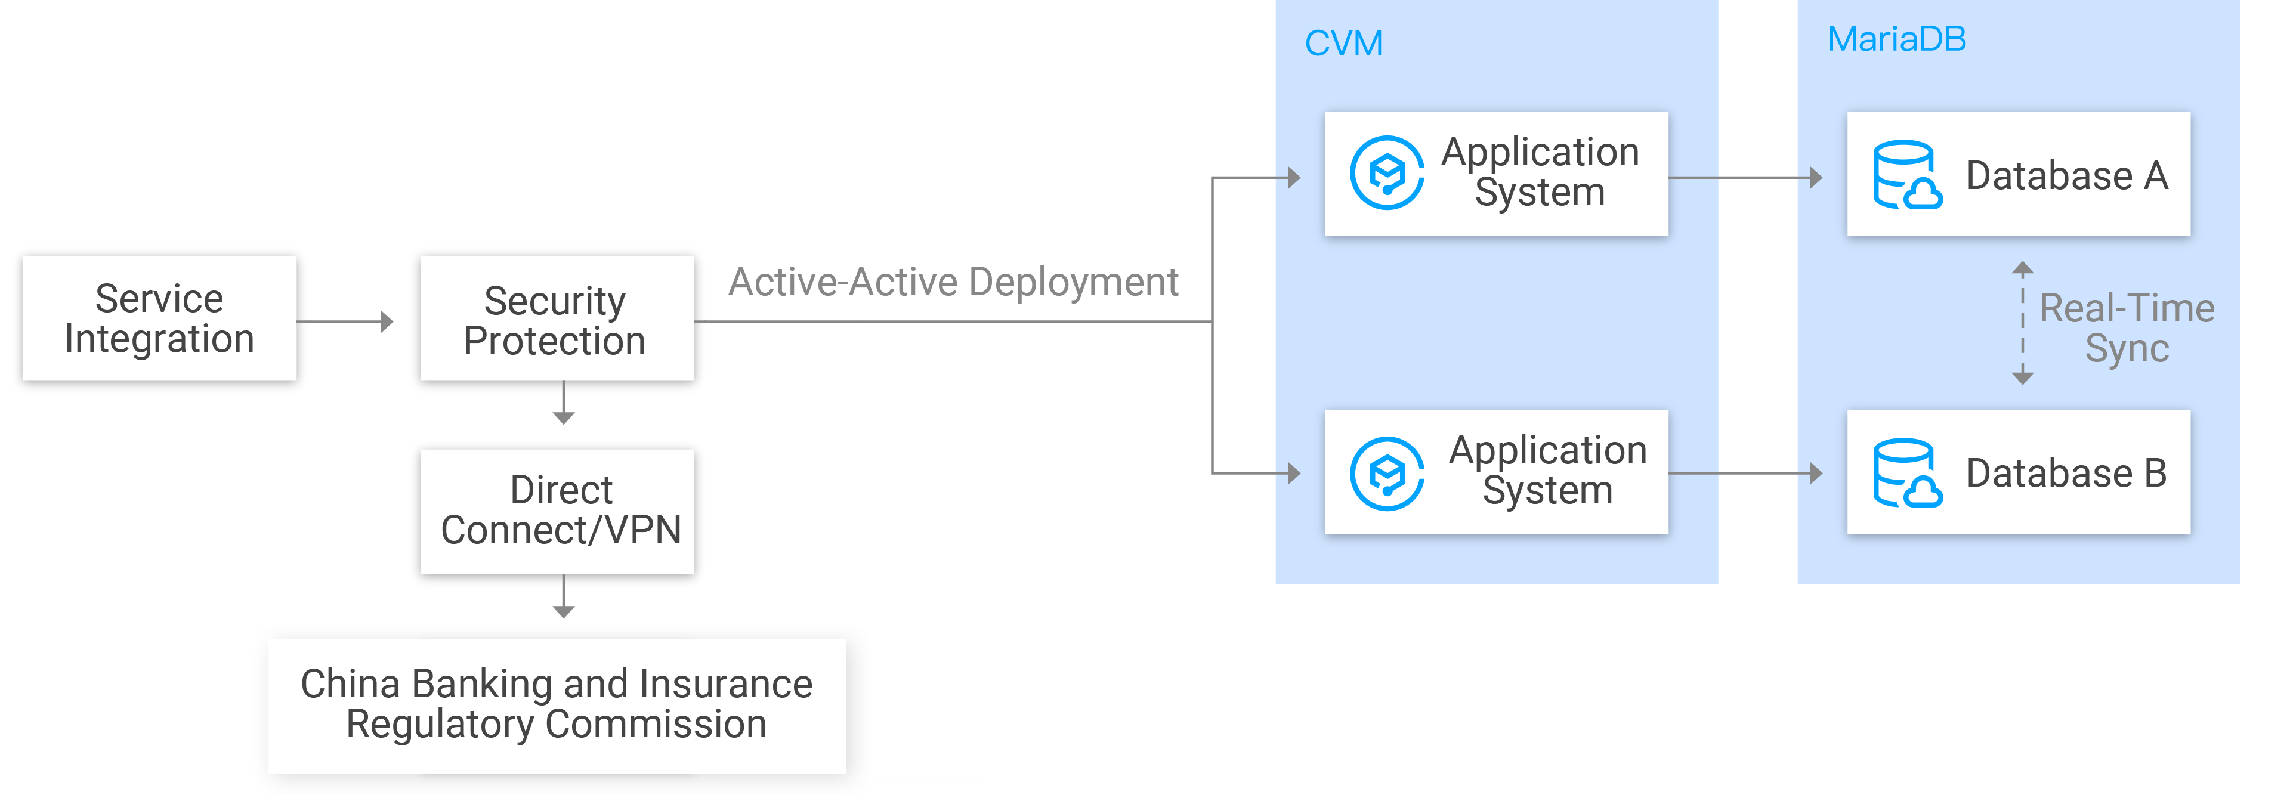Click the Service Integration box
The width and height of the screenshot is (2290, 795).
[159, 318]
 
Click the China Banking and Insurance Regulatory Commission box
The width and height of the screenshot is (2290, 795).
[557, 704]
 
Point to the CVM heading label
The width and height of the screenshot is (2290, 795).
[1343, 44]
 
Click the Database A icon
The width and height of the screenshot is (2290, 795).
[1906, 175]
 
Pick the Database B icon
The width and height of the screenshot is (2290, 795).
[1906, 473]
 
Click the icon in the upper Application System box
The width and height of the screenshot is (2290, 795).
[1386, 174]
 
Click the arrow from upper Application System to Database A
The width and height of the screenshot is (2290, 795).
[1744, 178]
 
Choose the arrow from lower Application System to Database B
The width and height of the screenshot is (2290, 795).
[1744, 473]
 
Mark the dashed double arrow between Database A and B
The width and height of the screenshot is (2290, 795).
[2022, 323]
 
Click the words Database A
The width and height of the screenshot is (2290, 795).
[2066, 175]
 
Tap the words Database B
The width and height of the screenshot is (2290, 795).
[2066, 473]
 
